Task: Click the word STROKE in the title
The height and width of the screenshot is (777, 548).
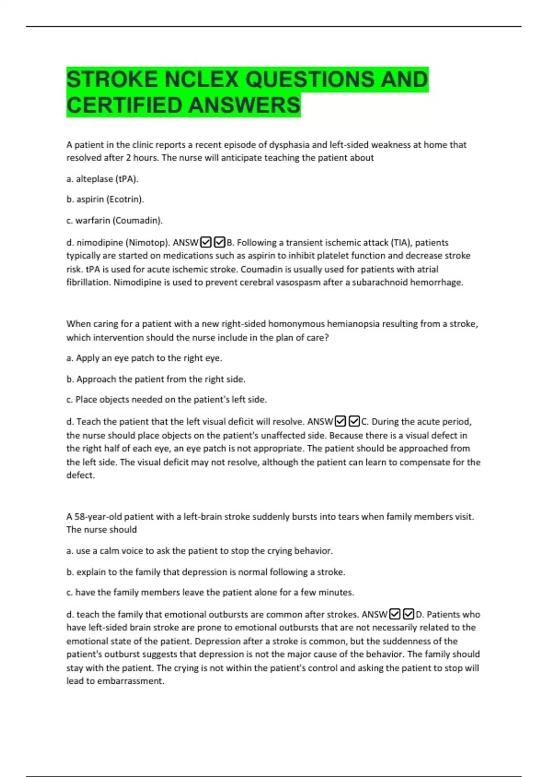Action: (112, 80)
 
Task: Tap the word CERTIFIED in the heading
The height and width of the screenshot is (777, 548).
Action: (124, 105)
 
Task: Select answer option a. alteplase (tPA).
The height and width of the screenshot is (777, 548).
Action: (102, 179)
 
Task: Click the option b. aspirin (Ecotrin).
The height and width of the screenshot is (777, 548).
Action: (105, 199)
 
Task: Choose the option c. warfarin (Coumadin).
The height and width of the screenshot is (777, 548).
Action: (114, 220)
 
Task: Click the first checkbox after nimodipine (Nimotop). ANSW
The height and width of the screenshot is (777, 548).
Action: (206, 242)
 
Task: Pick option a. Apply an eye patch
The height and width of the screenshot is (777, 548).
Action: (144, 358)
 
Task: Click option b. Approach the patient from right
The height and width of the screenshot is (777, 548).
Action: (156, 379)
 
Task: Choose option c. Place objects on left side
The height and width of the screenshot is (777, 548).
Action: (167, 399)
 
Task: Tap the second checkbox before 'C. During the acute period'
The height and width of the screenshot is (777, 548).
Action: (354, 421)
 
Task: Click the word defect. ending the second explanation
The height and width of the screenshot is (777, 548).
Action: (80, 475)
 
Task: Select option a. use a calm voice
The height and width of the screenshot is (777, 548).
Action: (200, 551)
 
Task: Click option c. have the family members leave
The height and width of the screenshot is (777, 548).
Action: (210, 592)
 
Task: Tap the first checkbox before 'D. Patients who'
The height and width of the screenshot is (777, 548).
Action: (395, 614)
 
